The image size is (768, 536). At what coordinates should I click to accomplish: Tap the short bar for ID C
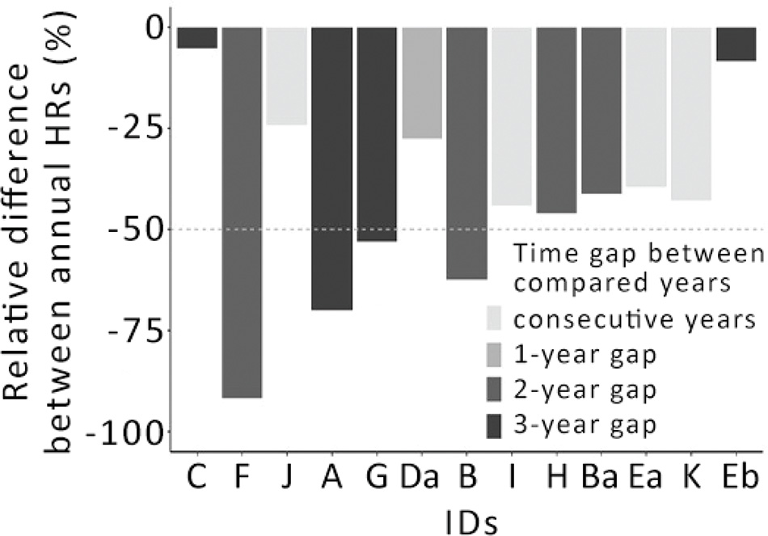[197, 37]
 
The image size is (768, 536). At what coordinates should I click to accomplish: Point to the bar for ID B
[466, 153]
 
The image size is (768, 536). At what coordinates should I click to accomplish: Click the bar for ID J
[287, 76]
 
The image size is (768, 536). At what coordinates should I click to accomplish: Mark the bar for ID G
[377, 134]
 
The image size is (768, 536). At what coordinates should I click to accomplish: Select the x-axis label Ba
[601, 479]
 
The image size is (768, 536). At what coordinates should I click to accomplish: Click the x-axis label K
[690, 479]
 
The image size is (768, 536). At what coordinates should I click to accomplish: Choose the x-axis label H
[556, 479]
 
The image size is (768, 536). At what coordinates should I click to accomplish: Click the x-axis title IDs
[467, 517]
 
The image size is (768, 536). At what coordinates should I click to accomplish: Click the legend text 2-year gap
[584, 389]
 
